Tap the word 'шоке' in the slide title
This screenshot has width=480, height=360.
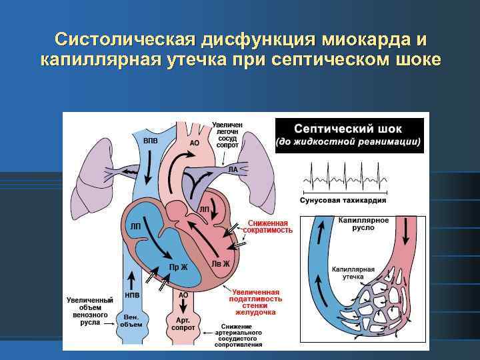click(x=415, y=60)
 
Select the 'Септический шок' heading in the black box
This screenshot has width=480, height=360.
click(x=349, y=129)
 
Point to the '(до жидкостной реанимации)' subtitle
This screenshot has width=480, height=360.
click(x=349, y=142)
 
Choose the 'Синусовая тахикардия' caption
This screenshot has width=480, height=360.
click(x=343, y=200)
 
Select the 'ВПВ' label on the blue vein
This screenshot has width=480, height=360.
click(x=151, y=141)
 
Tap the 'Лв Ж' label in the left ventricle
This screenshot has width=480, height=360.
click(x=221, y=263)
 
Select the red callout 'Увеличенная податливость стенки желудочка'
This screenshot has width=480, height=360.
click(x=255, y=301)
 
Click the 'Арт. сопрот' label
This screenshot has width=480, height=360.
click(x=183, y=324)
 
